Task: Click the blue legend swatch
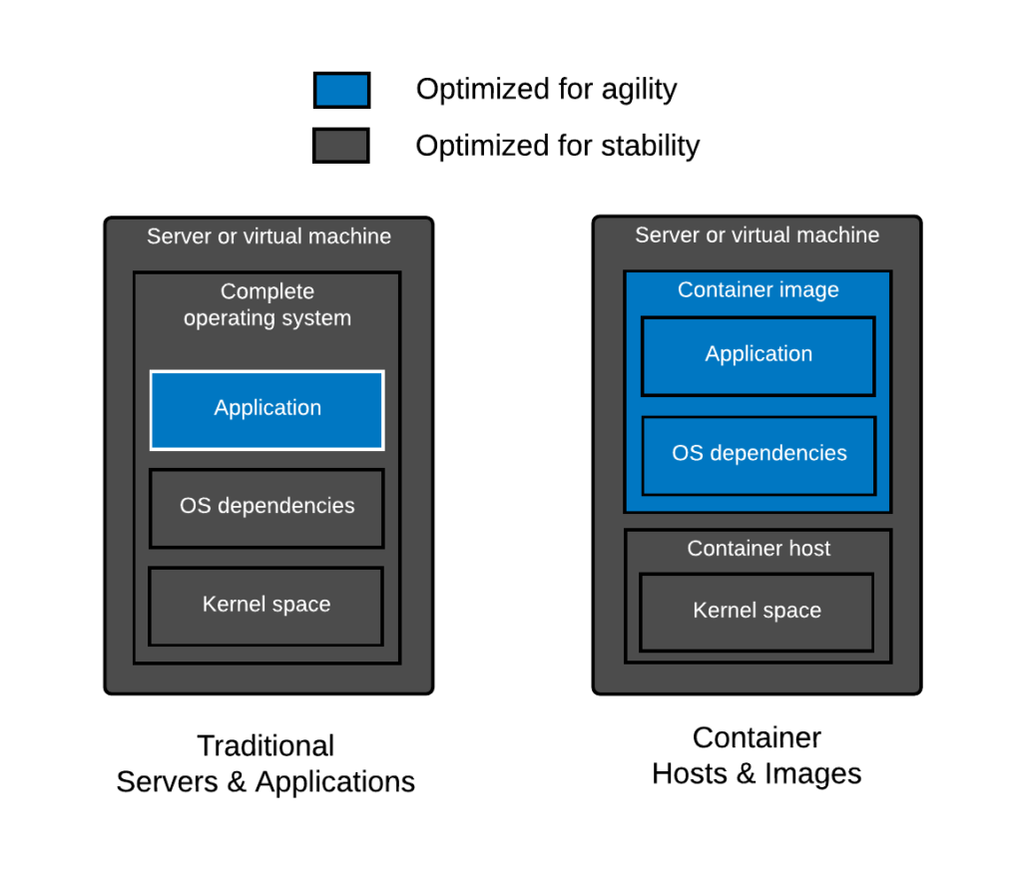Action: pyautogui.click(x=341, y=90)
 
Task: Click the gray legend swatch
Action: pyautogui.click(x=340, y=146)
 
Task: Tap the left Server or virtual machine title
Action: pyautogui.click(x=268, y=236)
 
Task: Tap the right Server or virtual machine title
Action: pyautogui.click(x=757, y=234)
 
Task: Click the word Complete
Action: pyautogui.click(x=266, y=291)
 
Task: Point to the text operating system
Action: pyautogui.click(x=266, y=318)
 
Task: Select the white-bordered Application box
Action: pyautogui.click(x=266, y=409)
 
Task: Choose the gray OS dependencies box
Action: pyautogui.click(x=266, y=508)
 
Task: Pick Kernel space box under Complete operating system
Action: pyautogui.click(x=265, y=606)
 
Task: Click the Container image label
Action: pyautogui.click(x=758, y=289)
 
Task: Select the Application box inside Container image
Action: pyautogui.click(x=758, y=355)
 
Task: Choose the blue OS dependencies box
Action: pyautogui.click(x=759, y=455)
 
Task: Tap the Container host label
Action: pyautogui.click(x=758, y=548)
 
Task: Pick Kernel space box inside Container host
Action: pyautogui.click(x=757, y=612)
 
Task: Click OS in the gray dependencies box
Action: pyautogui.click(x=195, y=506)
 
